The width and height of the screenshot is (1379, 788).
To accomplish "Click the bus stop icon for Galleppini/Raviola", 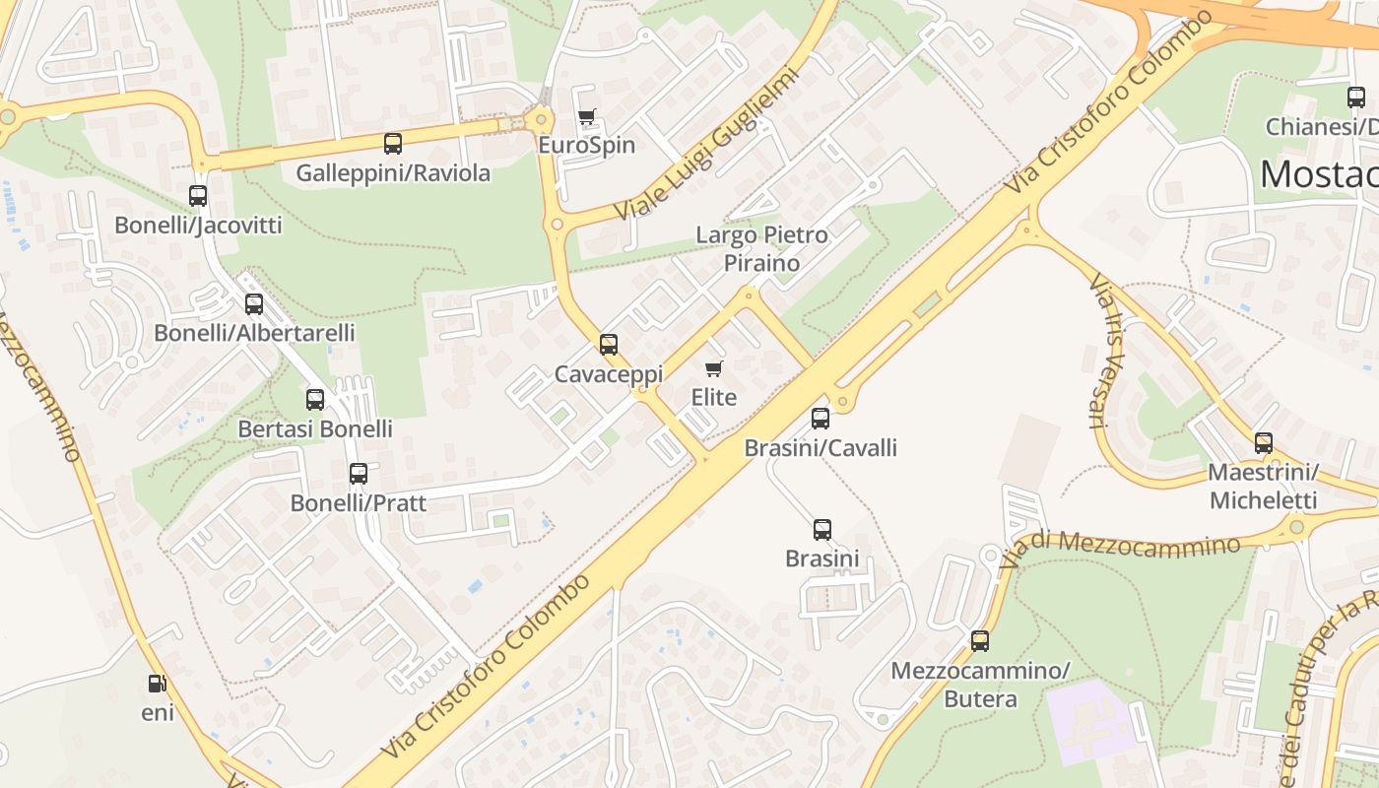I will point(393,144).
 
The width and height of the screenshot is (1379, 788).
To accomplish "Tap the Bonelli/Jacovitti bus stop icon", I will point(198,195).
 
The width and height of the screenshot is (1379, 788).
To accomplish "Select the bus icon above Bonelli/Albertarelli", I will point(254,303).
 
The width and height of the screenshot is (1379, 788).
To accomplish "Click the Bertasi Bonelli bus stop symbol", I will point(315,399).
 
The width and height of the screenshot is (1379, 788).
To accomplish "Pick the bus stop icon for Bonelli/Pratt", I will point(359,473).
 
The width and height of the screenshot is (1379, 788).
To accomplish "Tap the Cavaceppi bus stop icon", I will point(609,344).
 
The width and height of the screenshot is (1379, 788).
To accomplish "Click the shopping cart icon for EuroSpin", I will point(587,117).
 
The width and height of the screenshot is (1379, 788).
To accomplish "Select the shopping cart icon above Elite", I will point(714,368).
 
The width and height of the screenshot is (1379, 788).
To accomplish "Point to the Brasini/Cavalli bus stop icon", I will point(821,418).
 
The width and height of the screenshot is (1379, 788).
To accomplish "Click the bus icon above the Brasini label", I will point(822,529).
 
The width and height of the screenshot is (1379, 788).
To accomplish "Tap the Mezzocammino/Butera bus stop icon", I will point(980,641).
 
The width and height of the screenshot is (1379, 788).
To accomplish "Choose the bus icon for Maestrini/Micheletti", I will point(1264,442).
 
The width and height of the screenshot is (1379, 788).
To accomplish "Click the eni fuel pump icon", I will point(157,683).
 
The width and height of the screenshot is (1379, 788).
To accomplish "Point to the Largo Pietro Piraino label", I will point(761,248).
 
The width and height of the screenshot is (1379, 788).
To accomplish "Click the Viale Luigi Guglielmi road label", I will point(703,145).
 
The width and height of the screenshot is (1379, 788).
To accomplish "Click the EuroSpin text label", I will point(586,145).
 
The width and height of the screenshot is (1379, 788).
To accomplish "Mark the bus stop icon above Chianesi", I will point(1356,97).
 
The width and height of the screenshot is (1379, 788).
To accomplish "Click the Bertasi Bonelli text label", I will point(315,428).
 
